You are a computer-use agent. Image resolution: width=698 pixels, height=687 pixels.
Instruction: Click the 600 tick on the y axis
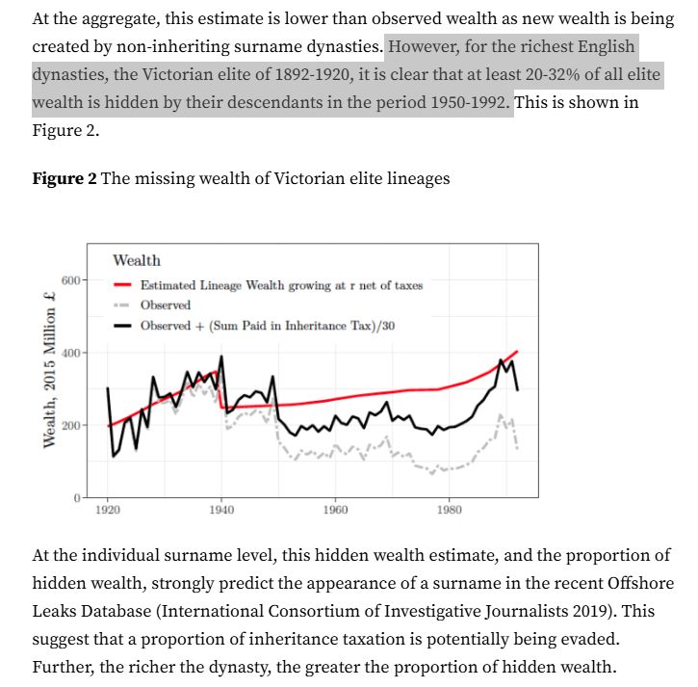tap(72, 280)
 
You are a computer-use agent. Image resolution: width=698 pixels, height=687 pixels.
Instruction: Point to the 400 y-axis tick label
tap(72, 354)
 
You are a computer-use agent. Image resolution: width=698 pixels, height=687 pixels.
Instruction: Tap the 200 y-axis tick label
tap(72, 425)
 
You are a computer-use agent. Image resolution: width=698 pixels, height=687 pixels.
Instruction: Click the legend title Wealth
tap(137, 260)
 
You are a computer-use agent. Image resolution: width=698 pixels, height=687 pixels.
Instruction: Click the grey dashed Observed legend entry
tap(165, 305)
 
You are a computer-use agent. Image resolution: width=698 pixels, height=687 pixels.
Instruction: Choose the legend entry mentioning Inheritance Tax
tap(267, 326)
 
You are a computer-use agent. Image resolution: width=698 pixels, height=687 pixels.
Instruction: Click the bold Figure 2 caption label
tap(65, 178)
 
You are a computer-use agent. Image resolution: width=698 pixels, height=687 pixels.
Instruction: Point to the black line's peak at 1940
tap(222, 357)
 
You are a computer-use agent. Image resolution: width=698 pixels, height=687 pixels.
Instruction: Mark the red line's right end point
tap(518, 352)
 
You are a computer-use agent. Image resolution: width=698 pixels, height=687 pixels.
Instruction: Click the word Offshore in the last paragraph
tap(633, 584)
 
